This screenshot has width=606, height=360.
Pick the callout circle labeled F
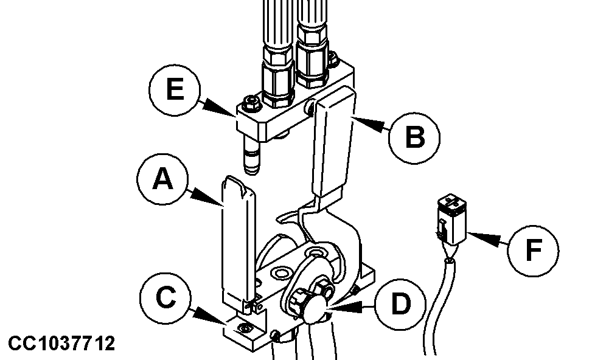(x=534, y=249)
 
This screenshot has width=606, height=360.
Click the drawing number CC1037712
(x=61, y=344)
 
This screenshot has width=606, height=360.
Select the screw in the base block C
(x=244, y=328)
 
